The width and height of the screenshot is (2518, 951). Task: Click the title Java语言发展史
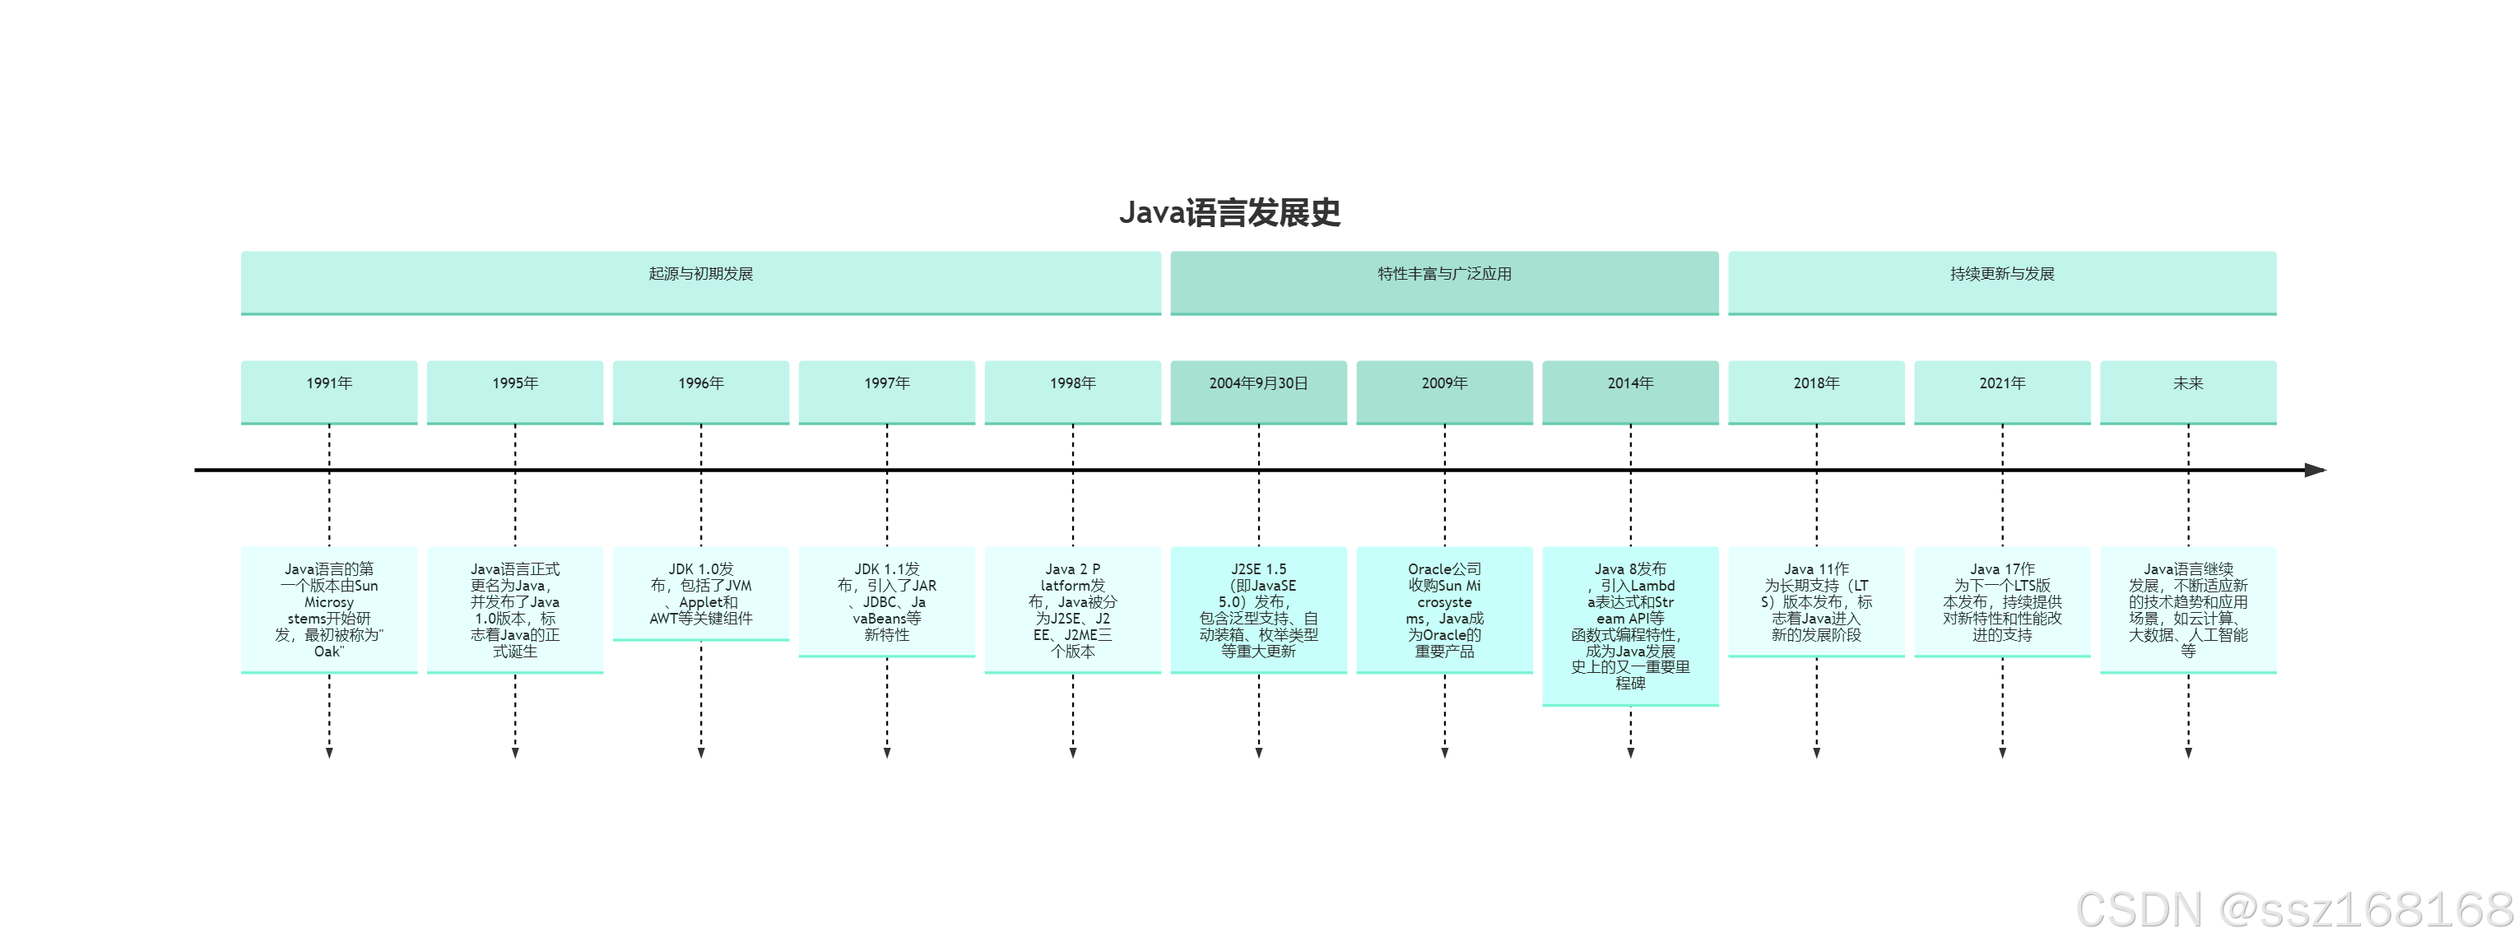[x=1229, y=212]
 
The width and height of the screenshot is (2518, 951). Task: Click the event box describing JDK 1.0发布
[x=700, y=593]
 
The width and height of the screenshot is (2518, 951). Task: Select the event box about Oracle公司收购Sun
[x=1444, y=609]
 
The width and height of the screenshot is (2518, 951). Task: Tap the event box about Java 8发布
[x=1629, y=625]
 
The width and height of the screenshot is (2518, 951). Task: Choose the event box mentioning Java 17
[x=2002, y=601]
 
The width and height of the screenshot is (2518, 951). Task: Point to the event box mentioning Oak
[x=328, y=609]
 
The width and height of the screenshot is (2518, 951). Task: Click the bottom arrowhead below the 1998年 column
[x=1072, y=752]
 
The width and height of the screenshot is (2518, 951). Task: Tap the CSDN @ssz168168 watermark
[x=2293, y=910]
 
